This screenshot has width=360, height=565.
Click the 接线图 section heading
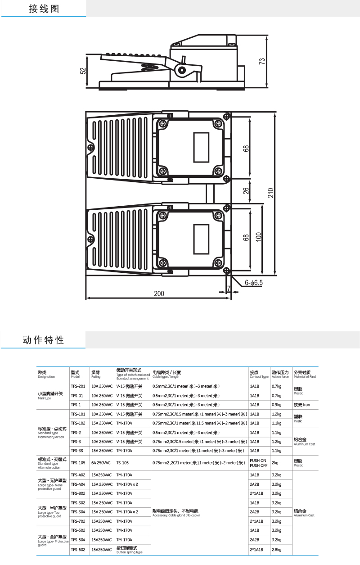[x=44, y=9]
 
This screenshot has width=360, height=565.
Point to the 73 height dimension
[x=262, y=62]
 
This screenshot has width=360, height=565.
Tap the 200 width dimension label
[x=159, y=294]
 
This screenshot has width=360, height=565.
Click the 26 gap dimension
[x=246, y=190]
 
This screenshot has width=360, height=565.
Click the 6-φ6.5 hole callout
[x=254, y=283]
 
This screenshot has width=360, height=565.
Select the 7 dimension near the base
[x=229, y=288]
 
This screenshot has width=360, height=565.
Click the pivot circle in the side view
[x=181, y=70]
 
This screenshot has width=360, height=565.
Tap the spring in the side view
[x=149, y=68]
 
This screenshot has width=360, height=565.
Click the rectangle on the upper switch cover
[x=201, y=148]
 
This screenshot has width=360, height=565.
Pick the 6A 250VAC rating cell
[x=100, y=463]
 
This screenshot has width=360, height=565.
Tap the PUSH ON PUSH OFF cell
[x=258, y=463]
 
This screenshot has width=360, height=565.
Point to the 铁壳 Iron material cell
[x=302, y=405]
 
